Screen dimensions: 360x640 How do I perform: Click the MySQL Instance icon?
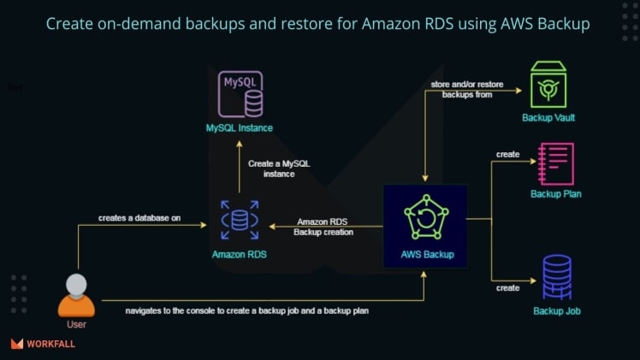[241, 94]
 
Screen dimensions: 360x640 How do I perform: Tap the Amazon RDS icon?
[240, 221]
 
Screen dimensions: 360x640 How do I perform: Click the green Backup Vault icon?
[548, 84]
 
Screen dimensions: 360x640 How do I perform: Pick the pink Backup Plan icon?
[555, 164]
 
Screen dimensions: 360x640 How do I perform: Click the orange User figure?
[76, 295]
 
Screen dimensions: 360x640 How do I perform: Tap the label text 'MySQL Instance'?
[240, 128]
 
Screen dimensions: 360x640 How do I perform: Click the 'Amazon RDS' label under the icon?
[239, 254]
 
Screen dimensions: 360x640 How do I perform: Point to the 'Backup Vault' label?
[548, 117]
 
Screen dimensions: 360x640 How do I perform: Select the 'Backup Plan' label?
[556, 194]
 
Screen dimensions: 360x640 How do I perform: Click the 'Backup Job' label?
[556, 310]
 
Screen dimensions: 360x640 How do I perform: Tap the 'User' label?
[76, 324]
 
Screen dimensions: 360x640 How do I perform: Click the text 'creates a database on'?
[139, 217]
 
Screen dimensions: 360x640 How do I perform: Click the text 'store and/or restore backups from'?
[467, 89]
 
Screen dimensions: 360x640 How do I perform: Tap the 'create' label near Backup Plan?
[507, 154]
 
